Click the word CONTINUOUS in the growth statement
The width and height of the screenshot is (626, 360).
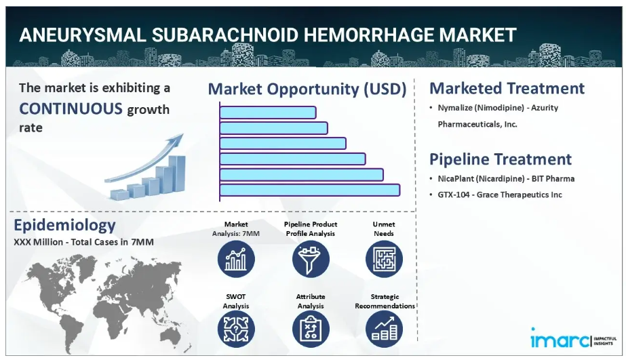[x=71, y=108]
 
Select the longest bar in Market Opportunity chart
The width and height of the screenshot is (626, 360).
[x=310, y=190]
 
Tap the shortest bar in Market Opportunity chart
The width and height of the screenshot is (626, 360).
[x=268, y=113]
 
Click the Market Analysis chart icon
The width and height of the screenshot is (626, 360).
[x=236, y=259]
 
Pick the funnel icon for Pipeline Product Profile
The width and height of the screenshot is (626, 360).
[x=311, y=259]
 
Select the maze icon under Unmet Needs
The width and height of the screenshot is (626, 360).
[x=384, y=259]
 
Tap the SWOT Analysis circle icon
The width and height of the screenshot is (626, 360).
[x=236, y=329]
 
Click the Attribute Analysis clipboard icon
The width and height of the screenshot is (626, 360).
[x=311, y=329]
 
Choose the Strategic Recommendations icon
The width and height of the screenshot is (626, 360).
[x=384, y=329]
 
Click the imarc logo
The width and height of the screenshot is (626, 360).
[x=574, y=339]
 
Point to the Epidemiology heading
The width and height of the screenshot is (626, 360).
[x=64, y=225]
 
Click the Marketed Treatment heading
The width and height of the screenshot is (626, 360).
[x=507, y=88]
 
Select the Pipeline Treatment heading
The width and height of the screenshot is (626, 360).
[x=501, y=159]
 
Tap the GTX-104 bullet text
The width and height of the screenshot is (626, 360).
[x=500, y=195]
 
